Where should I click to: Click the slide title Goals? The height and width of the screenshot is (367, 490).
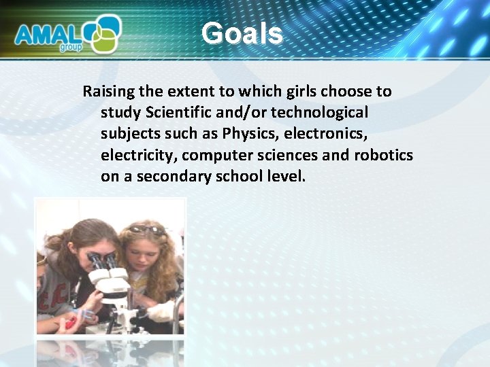point(242,33)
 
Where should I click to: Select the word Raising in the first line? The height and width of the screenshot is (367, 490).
point(107,92)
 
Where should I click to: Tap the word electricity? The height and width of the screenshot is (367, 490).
point(139,155)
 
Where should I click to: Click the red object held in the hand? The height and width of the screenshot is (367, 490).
point(68,322)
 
